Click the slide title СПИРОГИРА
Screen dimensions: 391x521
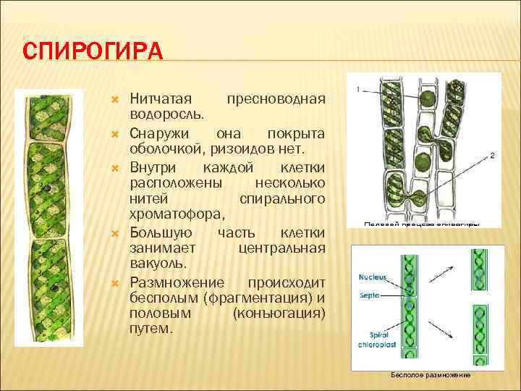[93, 53]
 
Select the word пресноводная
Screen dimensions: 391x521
[276, 98]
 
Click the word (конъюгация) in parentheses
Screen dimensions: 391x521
[279, 313]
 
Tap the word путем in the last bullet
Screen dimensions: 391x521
[151, 329]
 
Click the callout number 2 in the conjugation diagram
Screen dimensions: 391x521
[492, 155]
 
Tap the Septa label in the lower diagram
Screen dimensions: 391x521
[369, 295]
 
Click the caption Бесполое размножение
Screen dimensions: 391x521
[431, 375]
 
